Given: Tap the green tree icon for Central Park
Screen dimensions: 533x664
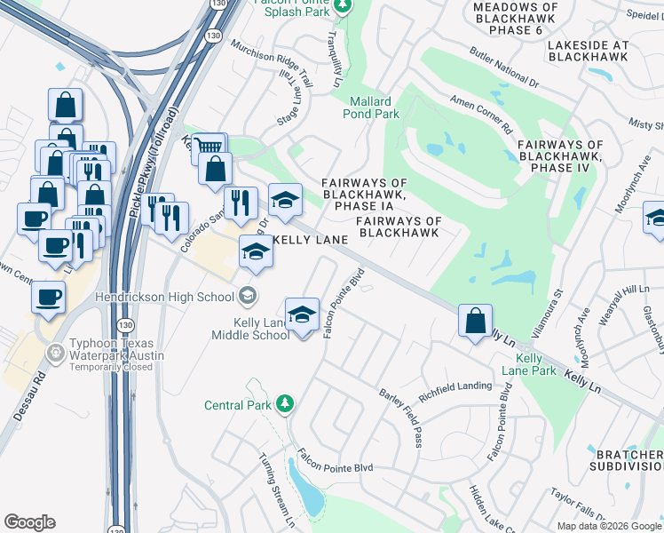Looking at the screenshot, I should pos(284,405).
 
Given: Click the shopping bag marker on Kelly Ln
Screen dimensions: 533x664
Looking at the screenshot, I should pos(476,320).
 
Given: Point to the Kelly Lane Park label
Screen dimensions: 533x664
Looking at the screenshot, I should pos(529,364).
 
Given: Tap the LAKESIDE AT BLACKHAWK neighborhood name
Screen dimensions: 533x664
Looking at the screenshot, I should pos(588,50).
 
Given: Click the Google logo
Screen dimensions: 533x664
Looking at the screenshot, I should pos(29,522).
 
